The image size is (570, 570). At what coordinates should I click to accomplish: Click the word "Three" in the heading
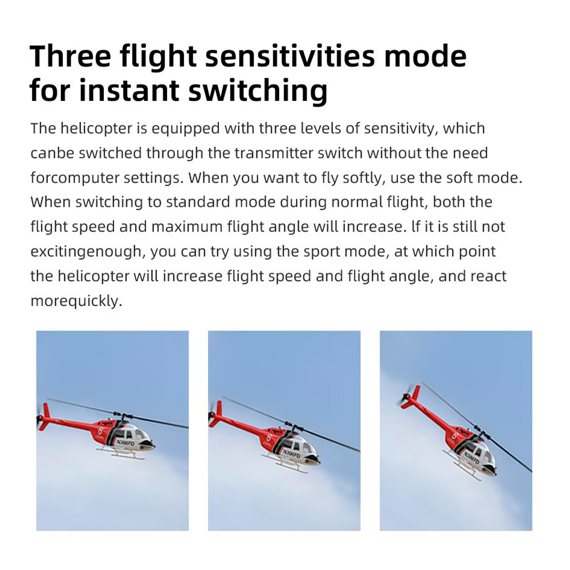[71, 56]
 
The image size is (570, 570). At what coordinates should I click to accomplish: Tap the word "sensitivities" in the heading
[290, 56]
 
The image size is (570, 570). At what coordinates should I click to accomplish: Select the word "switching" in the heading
[258, 91]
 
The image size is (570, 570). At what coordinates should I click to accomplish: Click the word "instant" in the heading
[129, 90]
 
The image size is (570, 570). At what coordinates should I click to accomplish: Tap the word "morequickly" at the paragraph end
[76, 301]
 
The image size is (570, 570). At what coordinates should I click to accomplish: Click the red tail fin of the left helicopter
[45, 416]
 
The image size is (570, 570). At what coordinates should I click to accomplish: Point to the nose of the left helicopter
[149, 444]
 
